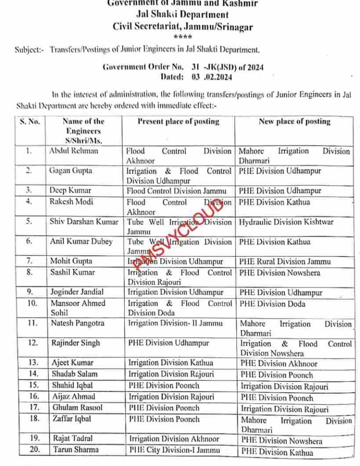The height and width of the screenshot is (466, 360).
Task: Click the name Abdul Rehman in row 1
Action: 73,151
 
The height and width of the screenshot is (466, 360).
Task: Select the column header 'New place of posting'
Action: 294,122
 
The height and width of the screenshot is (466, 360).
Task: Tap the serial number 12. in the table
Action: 32,343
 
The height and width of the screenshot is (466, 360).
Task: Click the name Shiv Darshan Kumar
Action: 84,222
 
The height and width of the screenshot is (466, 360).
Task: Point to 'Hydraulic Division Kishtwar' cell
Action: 286,222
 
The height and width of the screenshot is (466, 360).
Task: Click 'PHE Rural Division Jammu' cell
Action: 285,262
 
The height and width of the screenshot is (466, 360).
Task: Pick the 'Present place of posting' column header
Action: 178,122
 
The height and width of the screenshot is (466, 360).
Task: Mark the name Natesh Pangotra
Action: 78,324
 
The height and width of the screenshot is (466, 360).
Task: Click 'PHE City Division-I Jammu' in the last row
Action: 174,450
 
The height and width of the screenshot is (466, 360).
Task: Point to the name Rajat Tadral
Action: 73,439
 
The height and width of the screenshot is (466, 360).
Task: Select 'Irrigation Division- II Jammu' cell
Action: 175,324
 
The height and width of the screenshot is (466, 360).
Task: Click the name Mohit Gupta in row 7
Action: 71,262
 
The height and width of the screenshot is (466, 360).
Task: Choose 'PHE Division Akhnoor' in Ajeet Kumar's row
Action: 279,364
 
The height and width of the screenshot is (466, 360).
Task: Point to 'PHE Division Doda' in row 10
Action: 272,304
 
